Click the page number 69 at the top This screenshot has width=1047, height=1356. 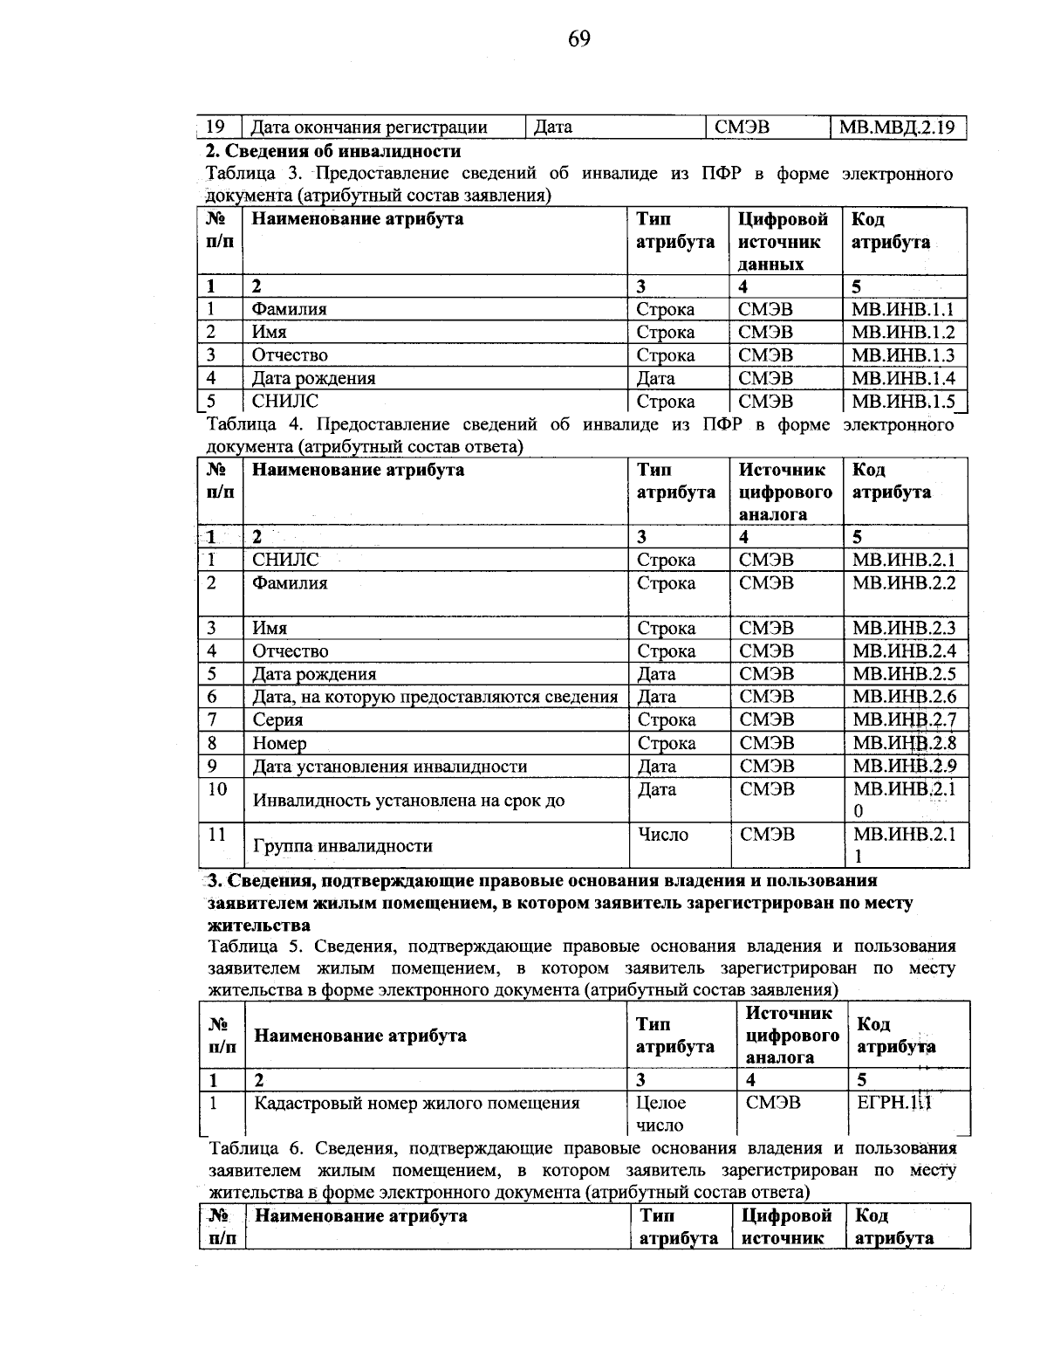pyautogui.click(x=578, y=38)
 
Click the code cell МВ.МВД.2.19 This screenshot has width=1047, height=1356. pyautogui.click(x=897, y=128)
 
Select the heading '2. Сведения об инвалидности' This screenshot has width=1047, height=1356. pyautogui.click(x=332, y=151)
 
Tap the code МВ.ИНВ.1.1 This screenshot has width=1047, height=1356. pyautogui.click(x=903, y=309)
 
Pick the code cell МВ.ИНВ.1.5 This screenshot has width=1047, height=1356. pyautogui.click(x=903, y=402)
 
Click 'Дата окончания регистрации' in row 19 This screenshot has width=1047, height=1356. pyautogui.click(x=369, y=128)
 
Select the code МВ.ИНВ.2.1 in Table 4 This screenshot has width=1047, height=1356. pyautogui.click(x=903, y=560)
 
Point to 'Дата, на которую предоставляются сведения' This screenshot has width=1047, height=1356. pyautogui.click(x=435, y=697)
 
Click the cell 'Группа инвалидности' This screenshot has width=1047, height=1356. pyautogui.click(x=342, y=845)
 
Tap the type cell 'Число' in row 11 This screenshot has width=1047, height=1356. pyautogui.click(x=663, y=835)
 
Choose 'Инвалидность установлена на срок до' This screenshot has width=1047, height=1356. pyautogui.click(x=408, y=800)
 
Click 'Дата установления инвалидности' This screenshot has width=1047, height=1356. pyautogui.click(x=389, y=767)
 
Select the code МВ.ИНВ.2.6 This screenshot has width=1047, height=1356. pyautogui.click(x=903, y=697)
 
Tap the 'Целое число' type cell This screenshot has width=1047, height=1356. pyautogui.click(x=661, y=1113)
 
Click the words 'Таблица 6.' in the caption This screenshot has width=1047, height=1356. pyautogui.click(x=255, y=1147)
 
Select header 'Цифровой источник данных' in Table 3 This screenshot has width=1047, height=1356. pyautogui.click(x=784, y=241)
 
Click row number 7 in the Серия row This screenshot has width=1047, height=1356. pyautogui.click(x=211, y=719)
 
